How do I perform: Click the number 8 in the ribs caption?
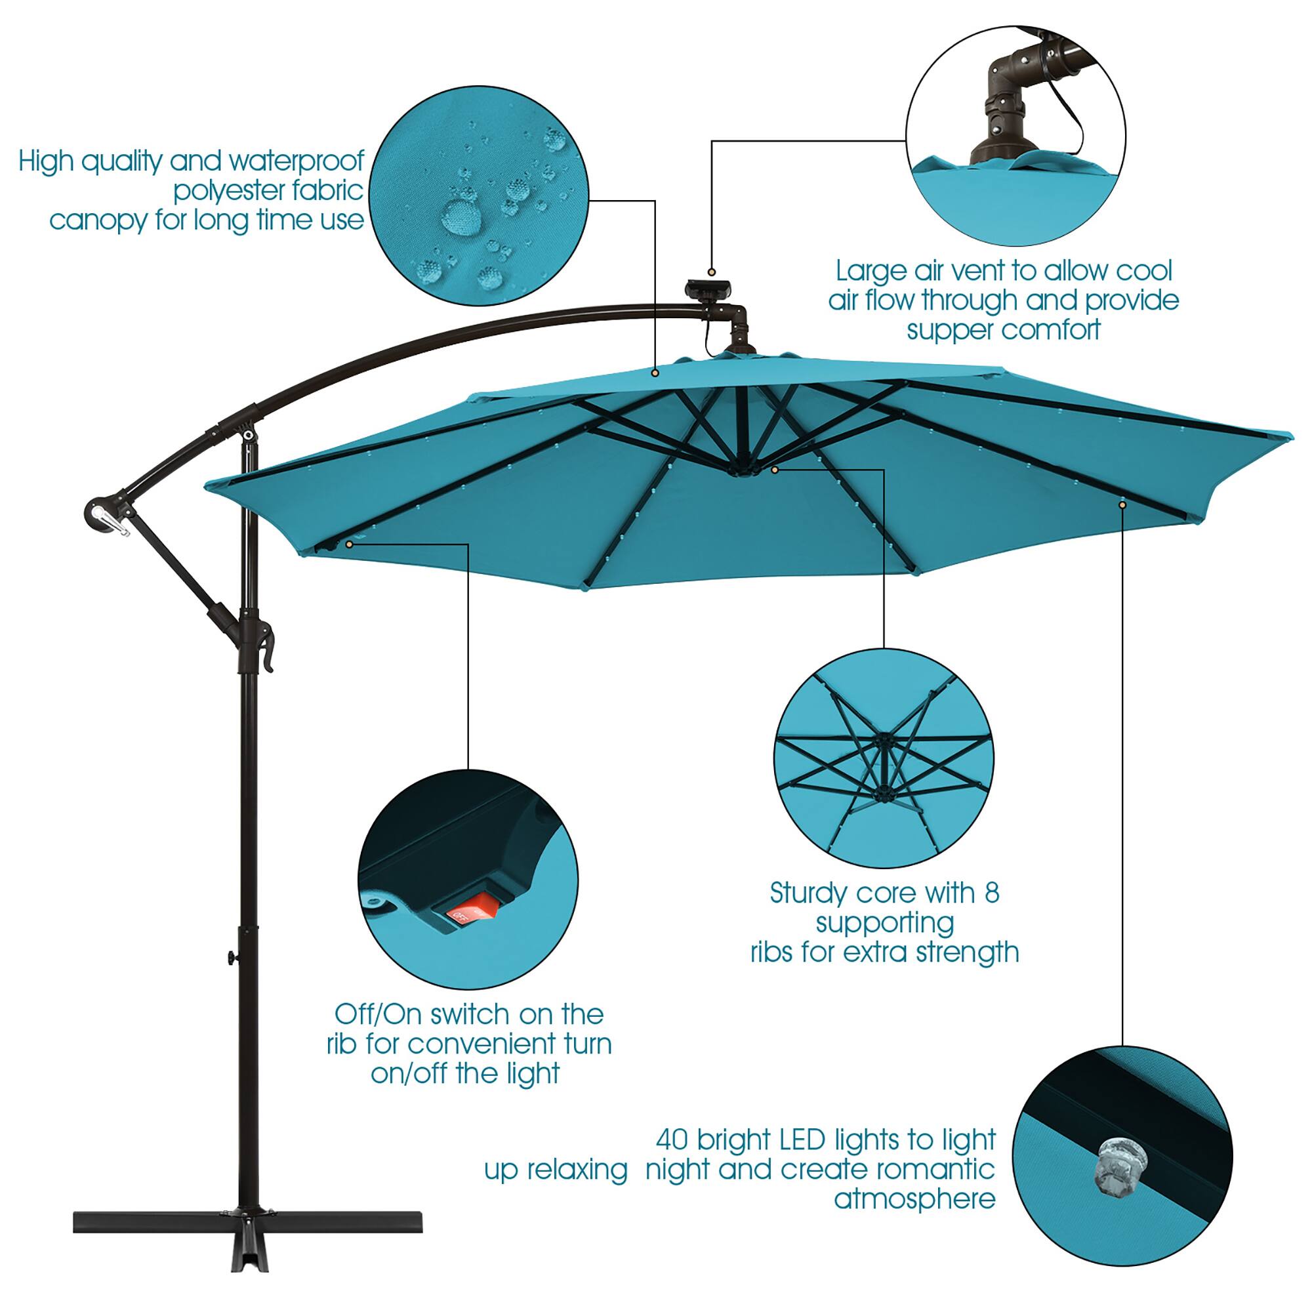(991, 893)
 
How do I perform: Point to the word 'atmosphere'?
(914, 1199)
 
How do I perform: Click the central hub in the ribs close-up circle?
(884, 741)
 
